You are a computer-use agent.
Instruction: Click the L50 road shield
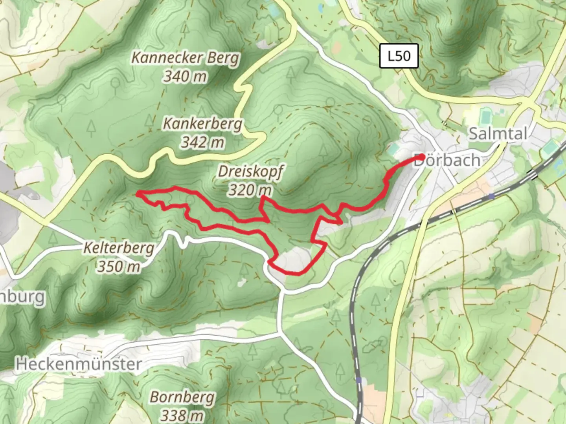399,56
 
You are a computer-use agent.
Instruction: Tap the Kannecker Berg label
185,58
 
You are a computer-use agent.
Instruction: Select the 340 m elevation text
185,76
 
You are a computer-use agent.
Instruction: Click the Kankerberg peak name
202,124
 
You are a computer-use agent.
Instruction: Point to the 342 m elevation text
202,142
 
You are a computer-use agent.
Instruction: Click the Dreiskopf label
250,172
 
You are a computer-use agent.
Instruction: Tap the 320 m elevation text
250,190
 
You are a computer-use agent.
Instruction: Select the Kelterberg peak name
118,249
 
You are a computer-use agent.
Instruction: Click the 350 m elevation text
118,267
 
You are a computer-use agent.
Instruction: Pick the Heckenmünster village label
79,364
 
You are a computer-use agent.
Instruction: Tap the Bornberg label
182,397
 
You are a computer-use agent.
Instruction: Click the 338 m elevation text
182,415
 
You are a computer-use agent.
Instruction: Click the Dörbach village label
447,161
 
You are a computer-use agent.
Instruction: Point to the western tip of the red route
138,193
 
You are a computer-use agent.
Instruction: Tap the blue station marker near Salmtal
491,196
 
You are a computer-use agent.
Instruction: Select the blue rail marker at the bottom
359,380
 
